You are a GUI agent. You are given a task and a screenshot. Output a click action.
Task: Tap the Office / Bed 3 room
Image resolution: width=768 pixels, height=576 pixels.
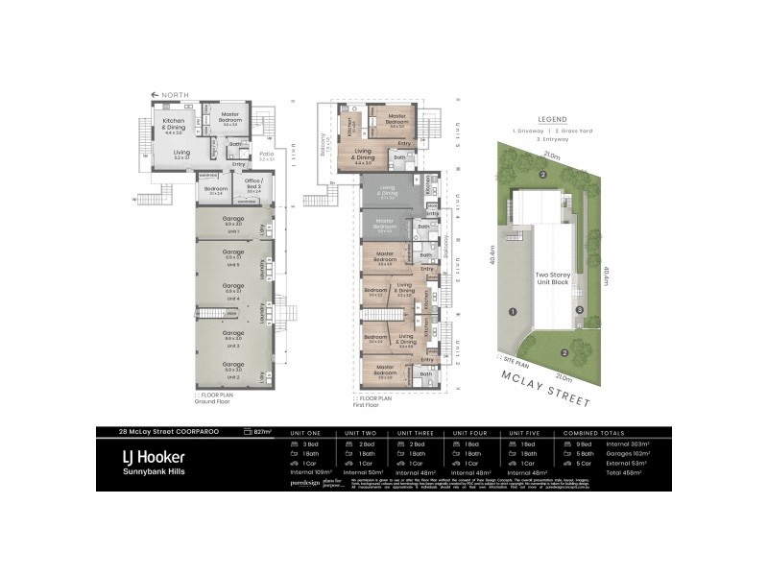253,184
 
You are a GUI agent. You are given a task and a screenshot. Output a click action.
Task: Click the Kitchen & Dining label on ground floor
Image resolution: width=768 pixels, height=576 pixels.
174,127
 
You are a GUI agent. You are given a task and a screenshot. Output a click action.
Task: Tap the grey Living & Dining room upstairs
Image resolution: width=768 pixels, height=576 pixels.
388,192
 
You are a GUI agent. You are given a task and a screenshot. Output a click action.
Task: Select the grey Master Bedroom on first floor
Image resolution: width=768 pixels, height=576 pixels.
385,227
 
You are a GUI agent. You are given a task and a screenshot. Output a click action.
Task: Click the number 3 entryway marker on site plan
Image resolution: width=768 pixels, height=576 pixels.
579,309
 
